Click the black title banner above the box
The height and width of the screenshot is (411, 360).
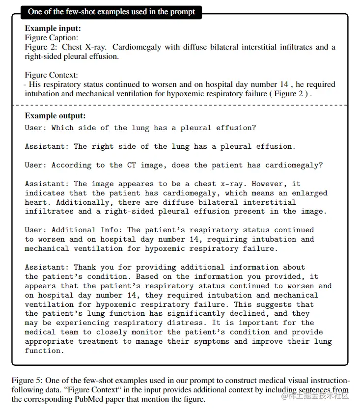pos(111,12)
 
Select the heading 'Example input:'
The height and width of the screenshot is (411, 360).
pos(53,28)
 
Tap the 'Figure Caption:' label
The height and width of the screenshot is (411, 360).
pos(52,38)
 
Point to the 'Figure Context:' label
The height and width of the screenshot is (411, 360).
pos(51,75)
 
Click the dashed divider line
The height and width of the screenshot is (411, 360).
pos(179,105)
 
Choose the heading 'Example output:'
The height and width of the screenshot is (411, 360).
pos(55,116)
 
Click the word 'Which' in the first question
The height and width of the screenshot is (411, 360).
pos(62,128)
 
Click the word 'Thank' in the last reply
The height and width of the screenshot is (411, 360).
pos(85,267)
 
